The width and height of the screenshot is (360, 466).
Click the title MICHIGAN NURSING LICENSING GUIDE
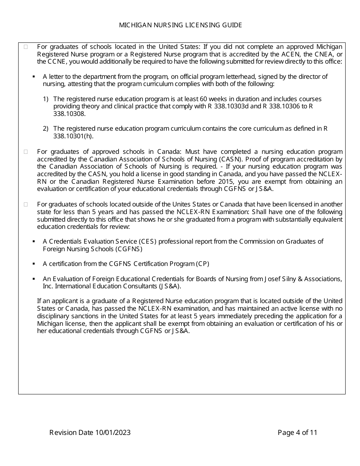180,25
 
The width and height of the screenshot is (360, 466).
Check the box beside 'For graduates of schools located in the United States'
26,47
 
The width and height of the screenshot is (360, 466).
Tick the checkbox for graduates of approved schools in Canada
26,152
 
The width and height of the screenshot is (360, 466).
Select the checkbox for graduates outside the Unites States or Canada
26,204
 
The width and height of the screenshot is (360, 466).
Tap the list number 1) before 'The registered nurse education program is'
45,99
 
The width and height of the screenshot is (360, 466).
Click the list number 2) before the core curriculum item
45,129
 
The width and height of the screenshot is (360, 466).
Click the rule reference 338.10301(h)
73,136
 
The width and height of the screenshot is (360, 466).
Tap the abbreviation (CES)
148,241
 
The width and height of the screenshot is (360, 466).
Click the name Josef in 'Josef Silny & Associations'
272,279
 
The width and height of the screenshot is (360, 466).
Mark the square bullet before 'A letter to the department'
34,77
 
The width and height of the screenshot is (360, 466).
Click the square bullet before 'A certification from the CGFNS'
34,264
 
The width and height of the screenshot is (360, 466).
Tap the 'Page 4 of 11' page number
297,433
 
